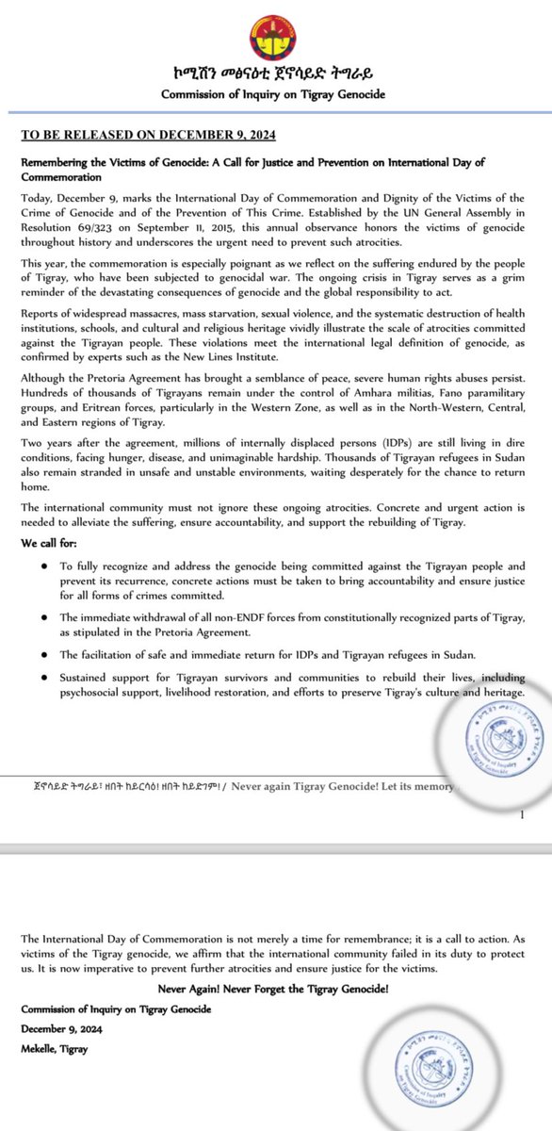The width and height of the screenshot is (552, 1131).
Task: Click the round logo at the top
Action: coord(276,35)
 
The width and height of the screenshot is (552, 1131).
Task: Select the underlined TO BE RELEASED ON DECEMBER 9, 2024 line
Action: coord(130,135)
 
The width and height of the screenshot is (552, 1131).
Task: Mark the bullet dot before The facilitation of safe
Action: coord(46,651)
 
